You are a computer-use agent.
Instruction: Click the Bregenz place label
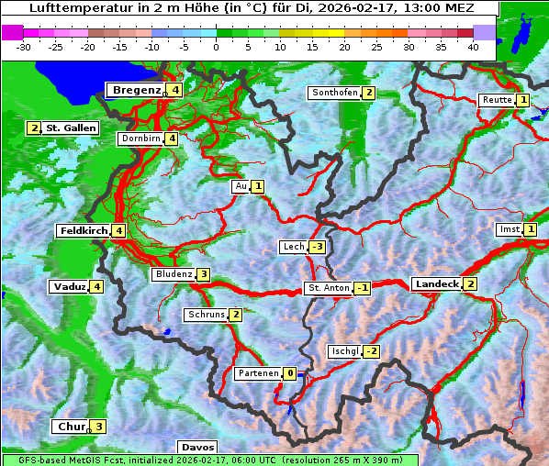point(137,90)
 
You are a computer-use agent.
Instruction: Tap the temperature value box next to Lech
point(318,247)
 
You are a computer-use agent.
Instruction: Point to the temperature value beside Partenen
point(290,373)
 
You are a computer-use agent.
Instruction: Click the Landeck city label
point(436,284)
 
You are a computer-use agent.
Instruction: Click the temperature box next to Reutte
point(523,100)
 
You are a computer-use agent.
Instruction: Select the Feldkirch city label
point(84,231)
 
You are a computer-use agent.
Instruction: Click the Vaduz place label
point(69,287)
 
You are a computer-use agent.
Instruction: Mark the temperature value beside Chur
point(98,427)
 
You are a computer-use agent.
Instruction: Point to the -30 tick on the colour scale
point(24,46)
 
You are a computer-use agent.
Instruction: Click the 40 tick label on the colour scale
point(473,46)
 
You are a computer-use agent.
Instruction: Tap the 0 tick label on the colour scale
point(216,46)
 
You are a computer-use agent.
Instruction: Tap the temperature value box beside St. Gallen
point(35,128)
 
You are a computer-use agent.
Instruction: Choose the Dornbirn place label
point(141,139)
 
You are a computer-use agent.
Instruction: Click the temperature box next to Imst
point(531,229)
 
